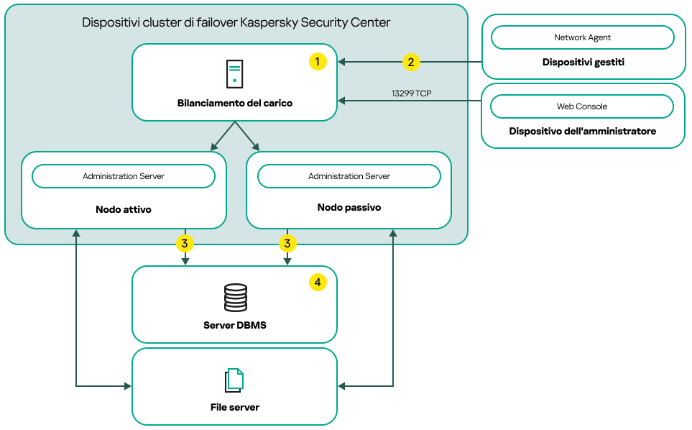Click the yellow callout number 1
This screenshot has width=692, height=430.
click(318, 62)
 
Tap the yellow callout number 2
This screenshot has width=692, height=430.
click(410, 62)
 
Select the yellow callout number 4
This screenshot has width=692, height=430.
click(318, 283)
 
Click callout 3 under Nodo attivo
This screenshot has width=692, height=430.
click(185, 244)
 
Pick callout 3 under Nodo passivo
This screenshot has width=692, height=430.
click(287, 244)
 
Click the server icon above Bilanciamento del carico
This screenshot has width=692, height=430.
click(234, 75)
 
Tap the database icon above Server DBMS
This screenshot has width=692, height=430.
click(234, 296)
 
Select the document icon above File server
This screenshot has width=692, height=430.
click(234, 379)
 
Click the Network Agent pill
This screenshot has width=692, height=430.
click(582, 37)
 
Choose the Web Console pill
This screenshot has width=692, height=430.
click(582, 106)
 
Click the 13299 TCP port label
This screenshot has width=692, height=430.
click(411, 93)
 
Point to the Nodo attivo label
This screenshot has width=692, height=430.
click(124, 210)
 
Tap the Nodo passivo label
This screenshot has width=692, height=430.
click(349, 208)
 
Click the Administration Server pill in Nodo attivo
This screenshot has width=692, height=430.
click(124, 176)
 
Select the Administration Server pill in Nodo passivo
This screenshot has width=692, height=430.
click(349, 176)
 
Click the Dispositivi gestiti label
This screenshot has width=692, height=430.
click(583, 63)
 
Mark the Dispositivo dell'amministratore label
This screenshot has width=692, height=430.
click(583, 132)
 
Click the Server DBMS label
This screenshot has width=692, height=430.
click(234, 325)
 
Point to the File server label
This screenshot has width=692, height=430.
click(234, 407)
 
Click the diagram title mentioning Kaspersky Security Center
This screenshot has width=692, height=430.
click(236, 22)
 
